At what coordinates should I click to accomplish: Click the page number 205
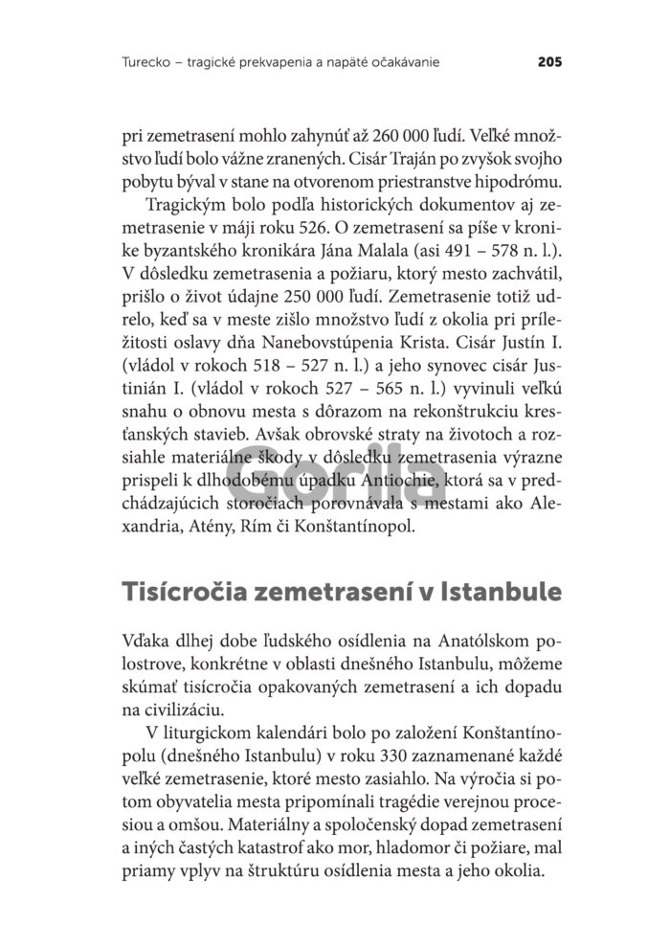[548, 63]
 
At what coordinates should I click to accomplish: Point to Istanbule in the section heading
[502, 591]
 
